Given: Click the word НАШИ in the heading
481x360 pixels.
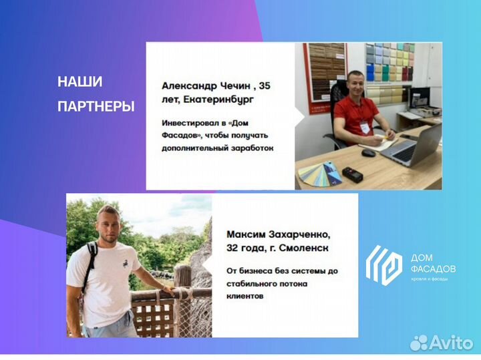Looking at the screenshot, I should [x=80, y=82].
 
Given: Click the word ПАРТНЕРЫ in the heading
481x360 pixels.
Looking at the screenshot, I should [x=96, y=106].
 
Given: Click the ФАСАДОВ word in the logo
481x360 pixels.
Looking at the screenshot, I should [x=433, y=268].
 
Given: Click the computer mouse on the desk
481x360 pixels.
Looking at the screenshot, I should [x=368, y=153].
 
